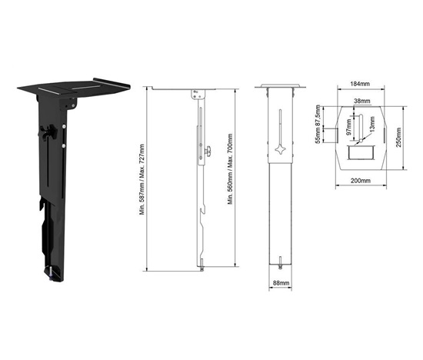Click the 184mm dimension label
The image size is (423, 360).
tap(360, 84)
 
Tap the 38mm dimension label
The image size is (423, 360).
tap(362, 101)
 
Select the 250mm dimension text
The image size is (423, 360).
tap(398, 138)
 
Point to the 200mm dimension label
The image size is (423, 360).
tap(361, 181)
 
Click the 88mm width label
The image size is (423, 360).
tap(281, 283)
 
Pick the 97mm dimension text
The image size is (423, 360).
tap(349, 128)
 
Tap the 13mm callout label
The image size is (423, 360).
tap(372, 124)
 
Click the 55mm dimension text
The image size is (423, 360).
tap(318, 135)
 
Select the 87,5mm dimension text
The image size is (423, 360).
tap(318, 115)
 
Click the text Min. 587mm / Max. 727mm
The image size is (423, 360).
tap(142, 179)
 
